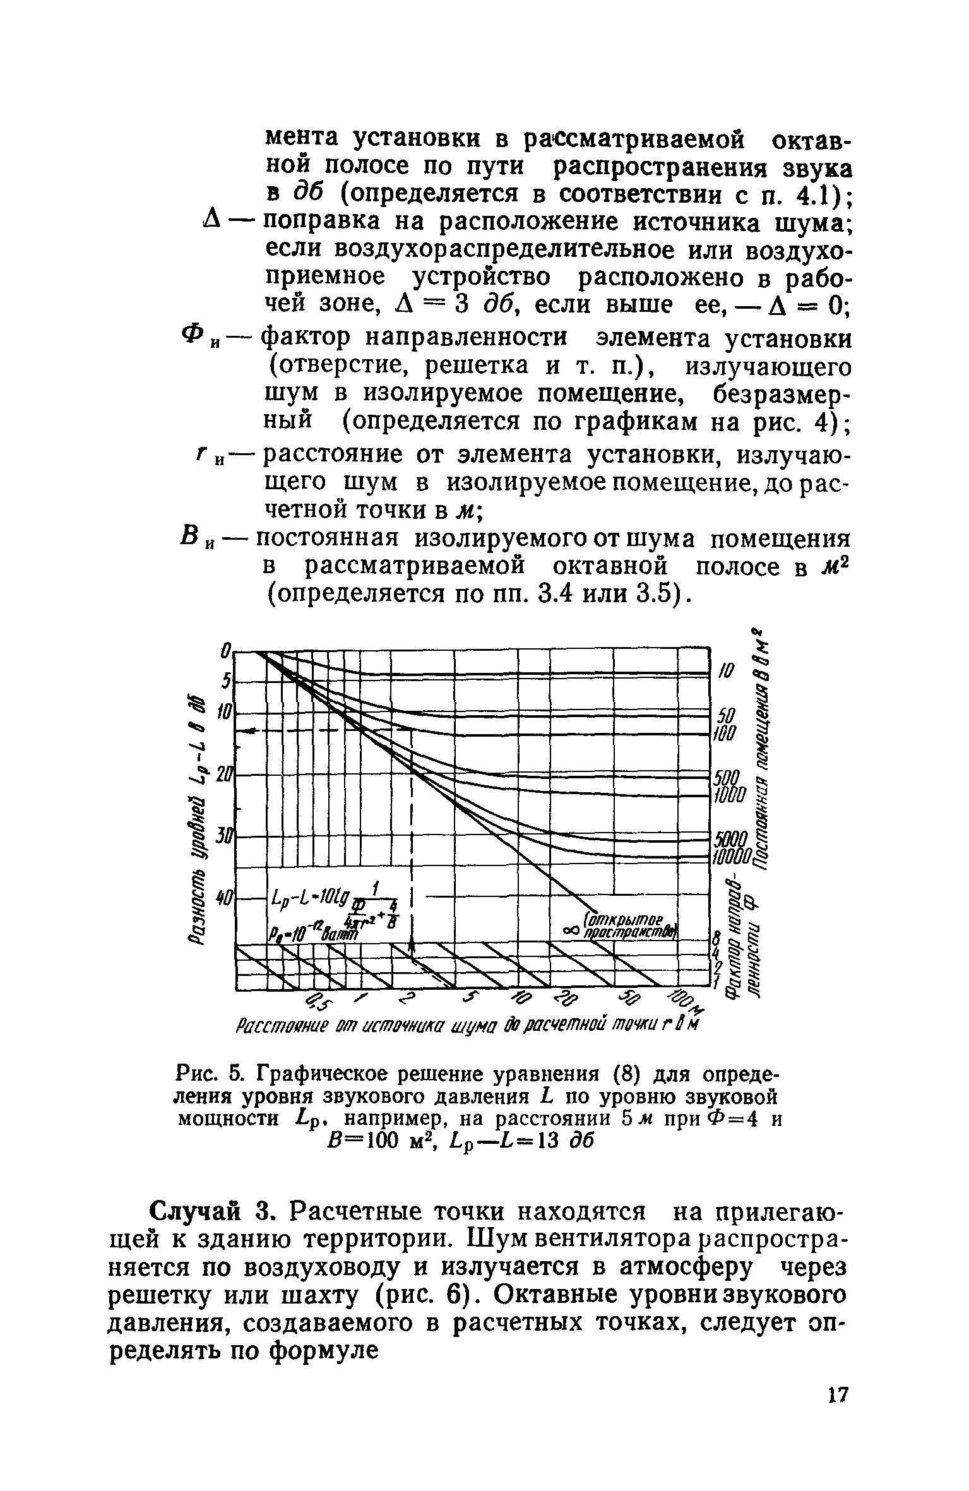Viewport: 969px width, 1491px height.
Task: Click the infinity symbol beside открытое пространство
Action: coord(573,931)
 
